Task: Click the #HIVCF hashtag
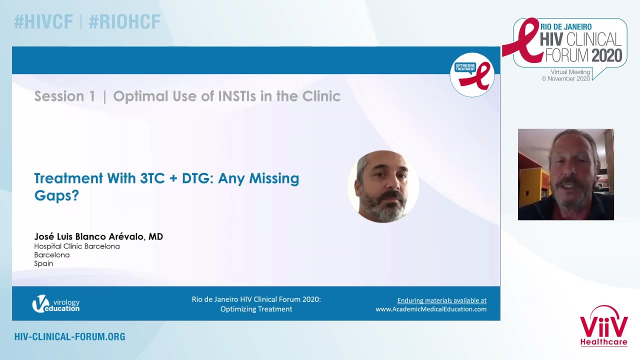click(x=43, y=22)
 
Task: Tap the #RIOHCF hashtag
click(x=124, y=22)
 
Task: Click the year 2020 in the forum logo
click(x=607, y=55)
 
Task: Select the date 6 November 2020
click(x=566, y=78)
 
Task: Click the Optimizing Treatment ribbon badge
click(x=472, y=75)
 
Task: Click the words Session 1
click(x=65, y=96)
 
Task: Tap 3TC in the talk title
click(x=152, y=178)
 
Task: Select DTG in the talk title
click(x=198, y=178)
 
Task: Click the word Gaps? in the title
click(x=56, y=196)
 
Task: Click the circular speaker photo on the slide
click(x=383, y=186)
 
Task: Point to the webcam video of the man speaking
click(x=565, y=174)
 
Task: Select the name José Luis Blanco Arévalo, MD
click(x=98, y=236)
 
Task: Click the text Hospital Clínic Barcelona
click(x=77, y=246)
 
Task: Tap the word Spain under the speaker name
click(x=43, y=263)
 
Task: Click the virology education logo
click(x=56, y=303)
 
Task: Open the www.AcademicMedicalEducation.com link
click(x=431, y=309)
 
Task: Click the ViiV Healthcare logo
click(x=603, y=325)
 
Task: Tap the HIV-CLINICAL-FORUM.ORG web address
click(x=69, y=337)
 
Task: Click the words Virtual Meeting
click(x=570, y=72)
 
